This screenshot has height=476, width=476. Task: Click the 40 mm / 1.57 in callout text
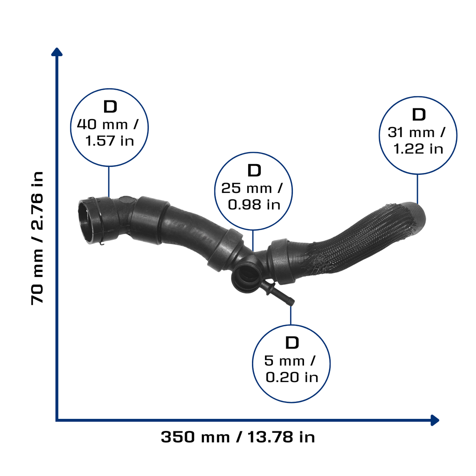[108, 132]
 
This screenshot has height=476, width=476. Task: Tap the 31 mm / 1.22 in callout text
[416, 140]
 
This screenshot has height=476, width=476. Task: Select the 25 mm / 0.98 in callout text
[252, 196]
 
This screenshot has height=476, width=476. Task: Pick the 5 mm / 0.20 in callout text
[291, 369]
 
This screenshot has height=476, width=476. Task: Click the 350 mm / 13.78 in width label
[238, 437]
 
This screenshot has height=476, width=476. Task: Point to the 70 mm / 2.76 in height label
[37, 238]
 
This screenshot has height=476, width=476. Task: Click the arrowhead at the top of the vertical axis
[57, 52]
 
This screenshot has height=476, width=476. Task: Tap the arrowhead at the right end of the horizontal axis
[435, 420]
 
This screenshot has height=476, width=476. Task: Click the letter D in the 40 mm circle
[110, 106]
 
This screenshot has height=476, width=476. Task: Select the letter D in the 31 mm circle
[419, 114]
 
